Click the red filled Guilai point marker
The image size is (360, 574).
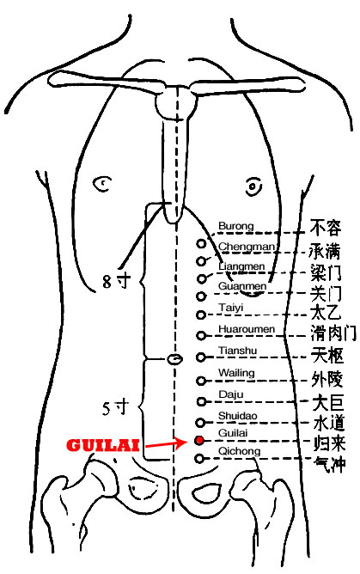pos(199,441)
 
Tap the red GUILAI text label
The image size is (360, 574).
pos(103,445)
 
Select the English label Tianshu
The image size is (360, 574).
pos(238,351)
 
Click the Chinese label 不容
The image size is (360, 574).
pos(326,228)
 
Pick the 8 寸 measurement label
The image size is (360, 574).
pos(116,282)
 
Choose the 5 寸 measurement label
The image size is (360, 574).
pos(116,408)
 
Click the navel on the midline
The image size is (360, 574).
pos(174,359)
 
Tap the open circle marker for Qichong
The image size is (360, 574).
pos(199,458)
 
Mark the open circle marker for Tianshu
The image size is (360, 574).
pos(200,357)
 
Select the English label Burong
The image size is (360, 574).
pos(236,226)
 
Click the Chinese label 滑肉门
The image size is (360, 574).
pos(333,333)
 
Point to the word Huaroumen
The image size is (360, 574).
pos(247,329)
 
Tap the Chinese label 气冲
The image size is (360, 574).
pos(330,465)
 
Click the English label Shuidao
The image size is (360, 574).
pos(238,416)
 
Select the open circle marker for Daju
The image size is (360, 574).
pos(201,401)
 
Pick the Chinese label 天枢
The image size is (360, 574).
pos(327,355)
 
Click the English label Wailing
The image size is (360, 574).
pos(236,373)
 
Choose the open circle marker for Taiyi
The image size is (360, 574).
pos(200,314)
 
